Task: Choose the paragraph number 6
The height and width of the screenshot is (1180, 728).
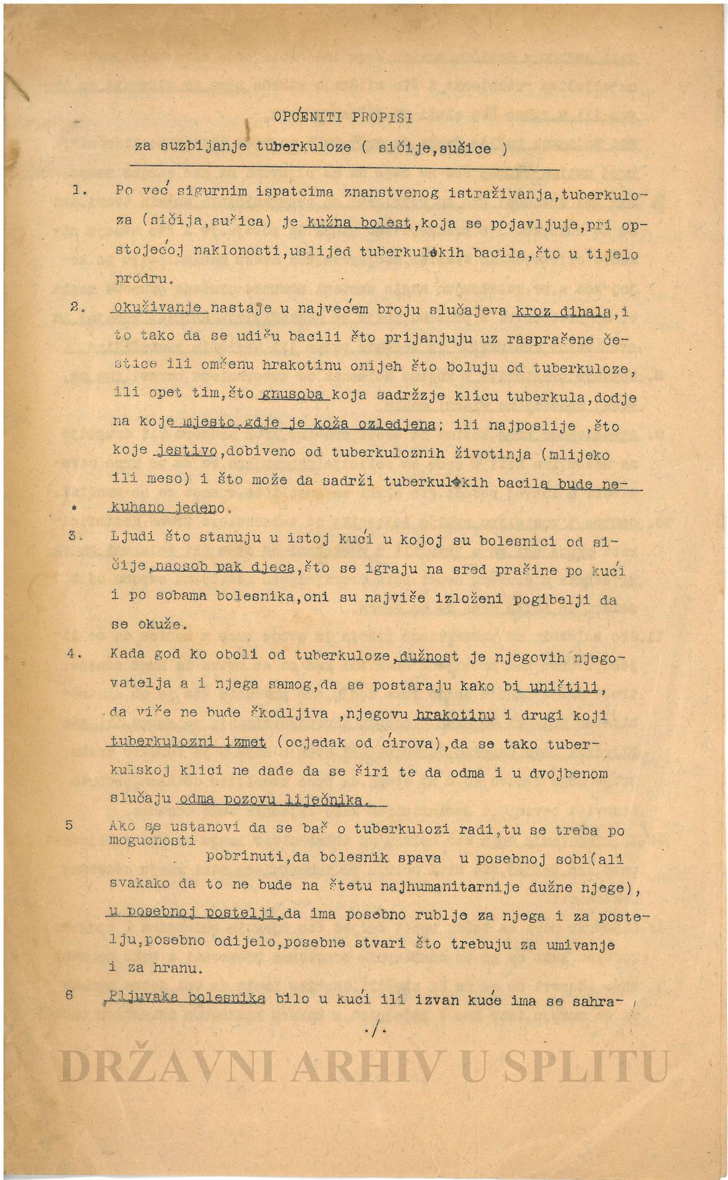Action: (69, 994)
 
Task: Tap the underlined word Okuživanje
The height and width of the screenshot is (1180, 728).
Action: (158, 308)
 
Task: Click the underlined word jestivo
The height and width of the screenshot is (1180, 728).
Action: (186, 452)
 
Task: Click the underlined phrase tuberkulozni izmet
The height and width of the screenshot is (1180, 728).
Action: (188, 743)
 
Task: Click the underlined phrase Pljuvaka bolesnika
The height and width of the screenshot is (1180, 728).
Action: (186, 998)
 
